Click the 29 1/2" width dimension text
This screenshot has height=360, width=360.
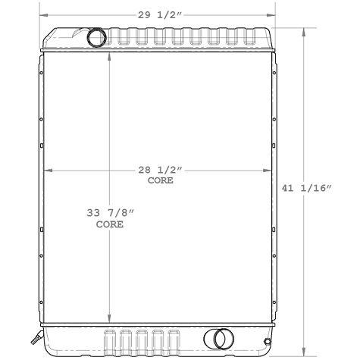(x=158, y=14)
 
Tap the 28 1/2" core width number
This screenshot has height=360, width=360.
(x=159, y=171)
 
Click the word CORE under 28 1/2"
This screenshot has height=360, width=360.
(x=160, y=181)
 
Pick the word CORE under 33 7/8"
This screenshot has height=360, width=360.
(x=110, y=225)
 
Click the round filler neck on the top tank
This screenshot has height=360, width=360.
(x=98, y=36)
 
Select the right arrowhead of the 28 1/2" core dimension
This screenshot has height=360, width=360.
(x=267, y=170)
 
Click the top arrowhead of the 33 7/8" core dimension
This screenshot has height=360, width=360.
(x=111, y=55)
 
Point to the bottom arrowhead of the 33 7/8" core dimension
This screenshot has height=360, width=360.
(x=111, y=322)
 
